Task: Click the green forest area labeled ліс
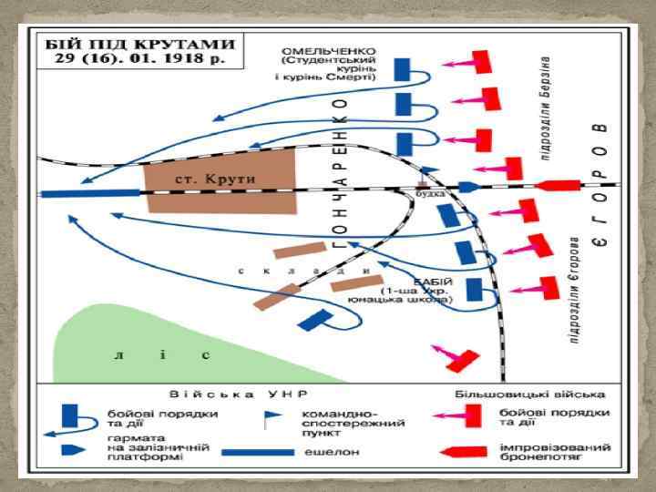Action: pos(137,351)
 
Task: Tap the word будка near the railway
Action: pos(429,193)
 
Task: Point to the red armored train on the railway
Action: pos(560,186)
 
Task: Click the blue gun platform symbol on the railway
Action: pos(468,186)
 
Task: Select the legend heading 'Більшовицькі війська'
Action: pos(528,395)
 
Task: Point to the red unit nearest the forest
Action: pos(462,360)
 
